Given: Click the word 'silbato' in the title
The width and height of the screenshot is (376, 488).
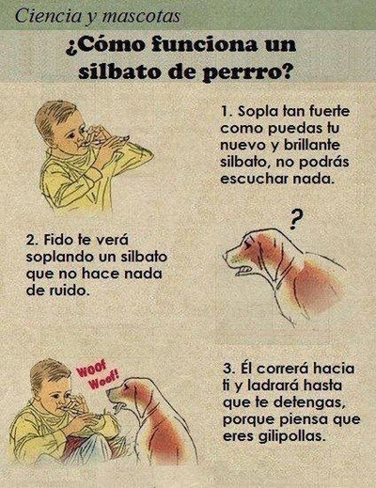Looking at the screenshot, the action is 119,71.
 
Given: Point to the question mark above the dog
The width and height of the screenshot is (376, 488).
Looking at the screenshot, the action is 293,219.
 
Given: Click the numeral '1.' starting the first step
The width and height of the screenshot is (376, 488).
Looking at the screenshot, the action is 227,111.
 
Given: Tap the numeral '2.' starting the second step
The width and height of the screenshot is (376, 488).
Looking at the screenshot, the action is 32,240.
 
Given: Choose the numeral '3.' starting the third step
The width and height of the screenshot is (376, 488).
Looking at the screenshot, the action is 228,369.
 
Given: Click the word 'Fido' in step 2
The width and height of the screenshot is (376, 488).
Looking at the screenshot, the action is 57,240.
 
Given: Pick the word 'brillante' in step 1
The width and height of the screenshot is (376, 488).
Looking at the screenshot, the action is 312,145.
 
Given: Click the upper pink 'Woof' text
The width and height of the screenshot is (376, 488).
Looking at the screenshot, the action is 92,369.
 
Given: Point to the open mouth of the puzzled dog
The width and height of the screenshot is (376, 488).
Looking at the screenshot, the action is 242,269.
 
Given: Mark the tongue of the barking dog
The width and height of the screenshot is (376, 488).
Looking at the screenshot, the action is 118,408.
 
